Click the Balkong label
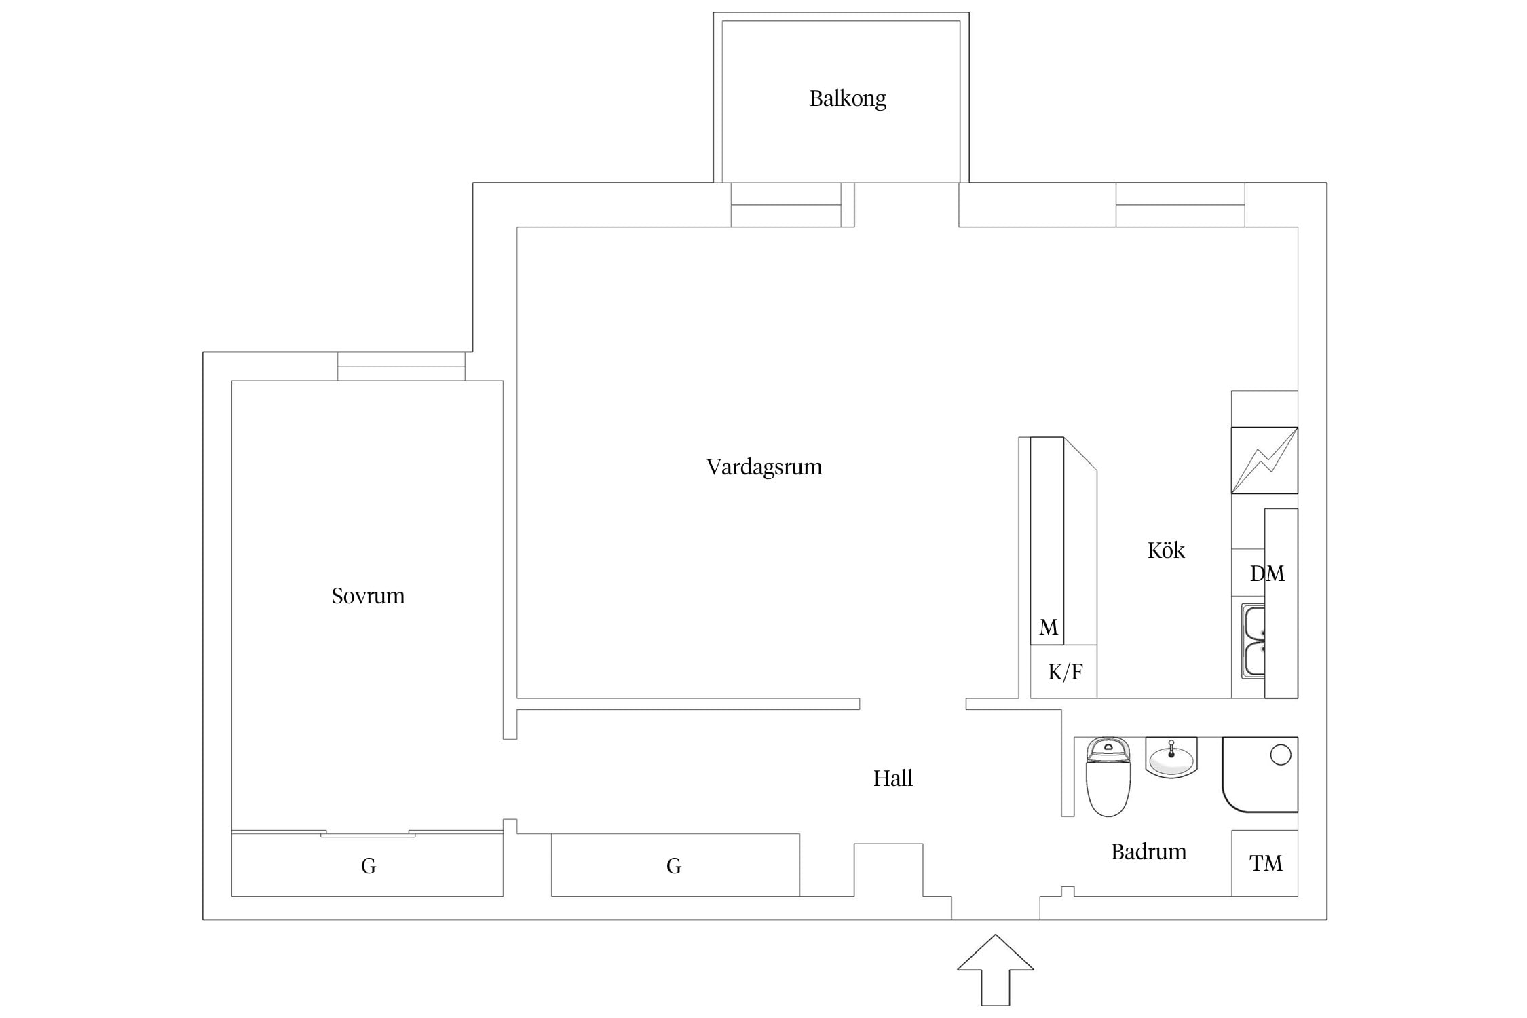click(x=848, y=99)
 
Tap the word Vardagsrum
click(x=764, y=467)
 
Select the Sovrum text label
click(x=368, y=596)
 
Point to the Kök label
click(x=1166, y=550)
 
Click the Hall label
click(x=893, y=778)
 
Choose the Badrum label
click(x=1148, y=852)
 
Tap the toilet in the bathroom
click(x=1108, y=777)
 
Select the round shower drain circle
click(x=1280, y=755)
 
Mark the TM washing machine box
click(x=1265, y=863)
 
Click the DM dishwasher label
click(x=1267, y=574)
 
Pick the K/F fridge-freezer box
click(x=1063, y=672)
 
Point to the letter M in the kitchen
click(x=1049, y=627)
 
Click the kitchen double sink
click(x=1253, y=641)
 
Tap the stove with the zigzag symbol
click(x=1264, y=460)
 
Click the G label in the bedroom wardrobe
click(x=369, y=866)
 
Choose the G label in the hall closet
click(x=674, y=866)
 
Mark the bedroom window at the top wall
click(x=401, y=366)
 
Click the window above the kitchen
click(x=1180, y=205)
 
